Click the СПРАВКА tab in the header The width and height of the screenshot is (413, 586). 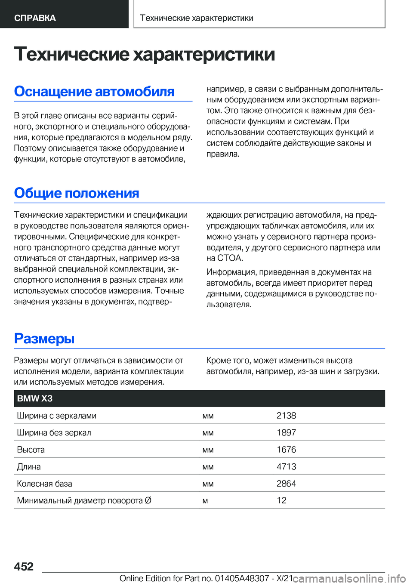35,18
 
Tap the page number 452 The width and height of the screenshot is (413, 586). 24,566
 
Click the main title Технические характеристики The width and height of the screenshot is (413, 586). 144,54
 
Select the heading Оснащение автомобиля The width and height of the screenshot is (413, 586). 94,91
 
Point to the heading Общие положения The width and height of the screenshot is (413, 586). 77,193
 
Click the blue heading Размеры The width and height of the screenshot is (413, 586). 44,338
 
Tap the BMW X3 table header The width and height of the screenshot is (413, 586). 35,398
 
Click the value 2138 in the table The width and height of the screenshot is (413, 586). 286,416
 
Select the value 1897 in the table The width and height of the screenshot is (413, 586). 286,432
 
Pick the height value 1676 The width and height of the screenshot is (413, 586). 286,450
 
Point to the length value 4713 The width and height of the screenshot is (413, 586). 286,466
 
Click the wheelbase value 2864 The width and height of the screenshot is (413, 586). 286,484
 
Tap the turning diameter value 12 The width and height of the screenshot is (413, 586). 281,500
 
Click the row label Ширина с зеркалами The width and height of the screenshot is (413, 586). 56,416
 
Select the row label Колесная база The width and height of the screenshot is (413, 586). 44,484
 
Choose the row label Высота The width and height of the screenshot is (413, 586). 31,450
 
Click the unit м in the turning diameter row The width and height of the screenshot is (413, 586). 205,501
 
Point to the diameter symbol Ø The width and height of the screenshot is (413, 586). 148,500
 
